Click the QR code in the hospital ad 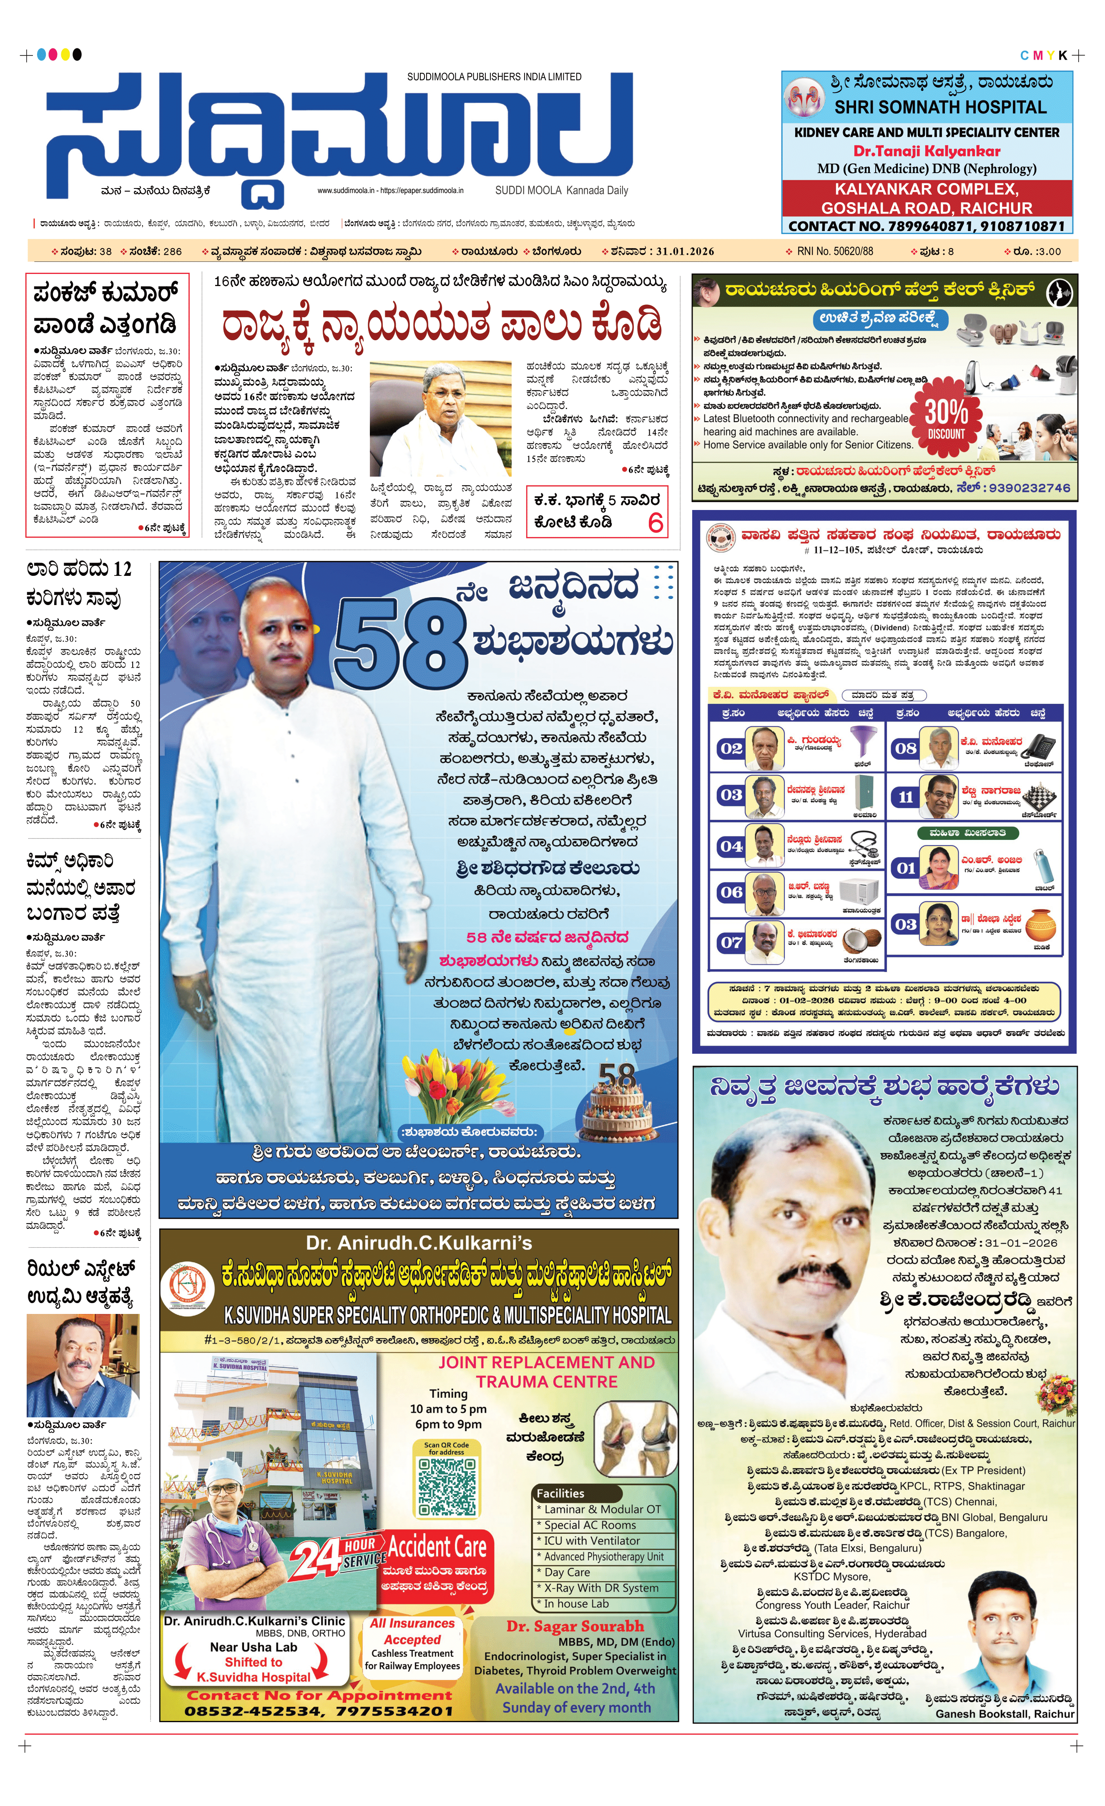coord(446,1487)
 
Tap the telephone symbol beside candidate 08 coord(1040,748)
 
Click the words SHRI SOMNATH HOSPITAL coord(940,108)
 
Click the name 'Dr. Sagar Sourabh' coord(575,1626)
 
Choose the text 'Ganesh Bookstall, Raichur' coord(1005,1714)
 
